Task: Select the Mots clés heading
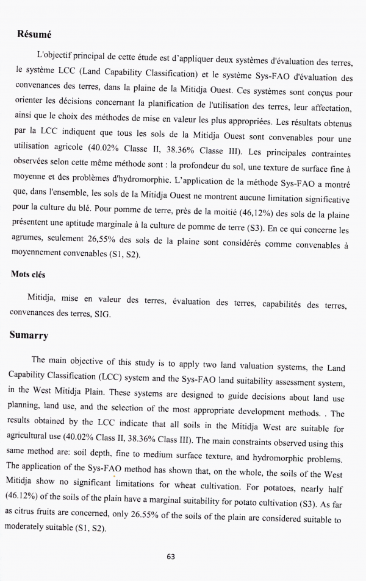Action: [28, 275]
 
